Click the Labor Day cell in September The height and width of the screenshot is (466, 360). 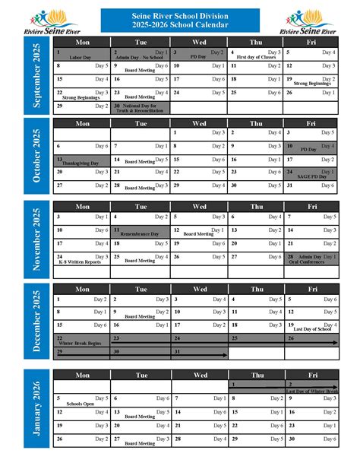[x=82, y=55]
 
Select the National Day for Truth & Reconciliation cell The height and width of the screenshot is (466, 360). [x=140, y=107]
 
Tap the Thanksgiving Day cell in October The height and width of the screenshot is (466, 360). [x=82, y=161]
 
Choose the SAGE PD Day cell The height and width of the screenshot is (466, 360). [x=311, y=173]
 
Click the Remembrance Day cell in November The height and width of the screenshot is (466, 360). [x=140, y=232]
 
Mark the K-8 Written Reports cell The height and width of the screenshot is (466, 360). [x=82, y=258]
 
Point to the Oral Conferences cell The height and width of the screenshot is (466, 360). [x=311, y=258]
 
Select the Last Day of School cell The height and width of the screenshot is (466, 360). [x=311, y=326]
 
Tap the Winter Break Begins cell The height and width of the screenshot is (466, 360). [x=82, y=340]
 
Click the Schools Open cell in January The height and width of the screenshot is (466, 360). [x=82, y=401]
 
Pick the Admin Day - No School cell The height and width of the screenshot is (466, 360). [x=140, y=55]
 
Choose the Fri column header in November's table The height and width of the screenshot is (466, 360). [x=311, y=206]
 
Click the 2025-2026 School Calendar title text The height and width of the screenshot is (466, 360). [x=179, y=25]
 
